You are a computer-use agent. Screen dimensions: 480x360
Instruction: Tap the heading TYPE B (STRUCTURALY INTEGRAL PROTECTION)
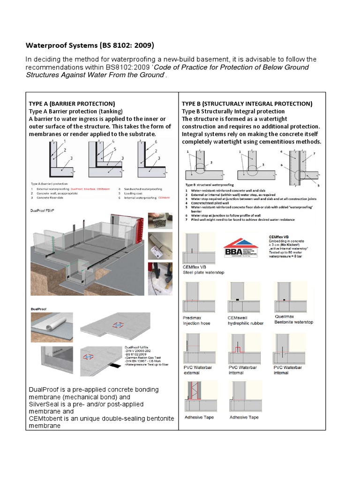pos(247,103)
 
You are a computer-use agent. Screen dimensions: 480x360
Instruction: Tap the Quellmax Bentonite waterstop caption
pos(293,320)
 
